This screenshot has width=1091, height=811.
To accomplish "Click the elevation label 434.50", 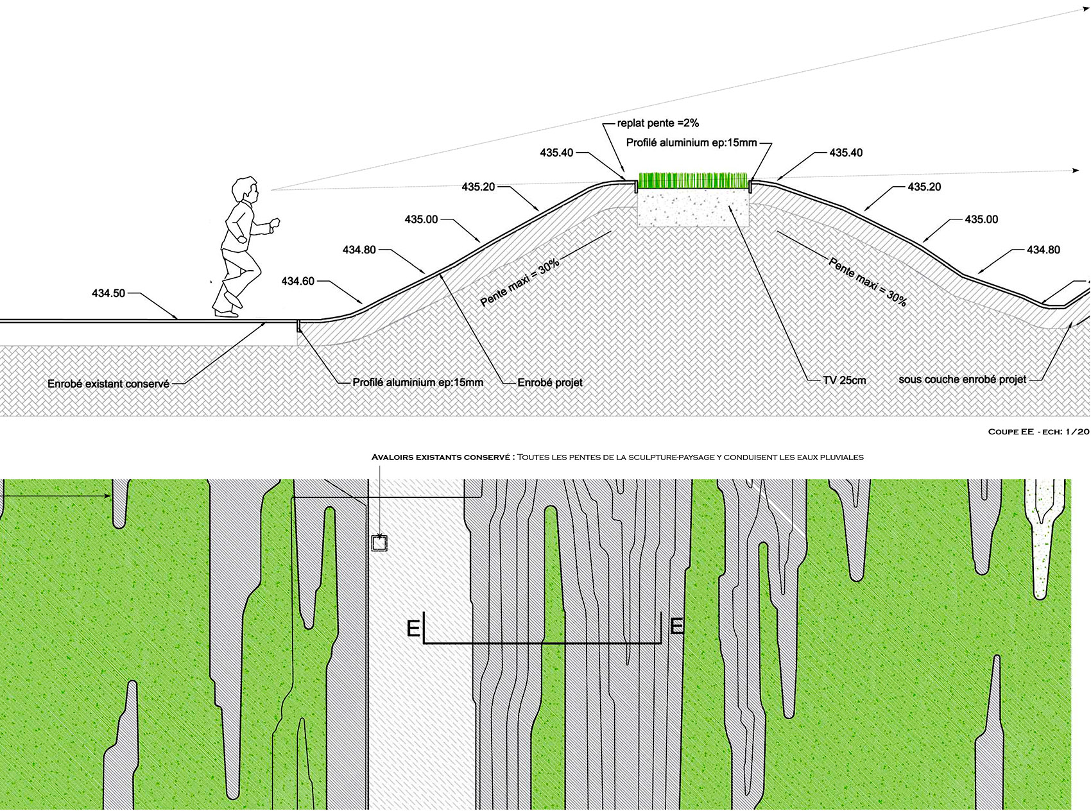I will coord(108,293).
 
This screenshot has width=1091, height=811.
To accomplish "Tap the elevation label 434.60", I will coord(298,281).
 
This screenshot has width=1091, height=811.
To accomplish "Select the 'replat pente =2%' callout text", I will coord(658,123).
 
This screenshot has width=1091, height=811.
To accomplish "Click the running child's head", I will coord(245,191).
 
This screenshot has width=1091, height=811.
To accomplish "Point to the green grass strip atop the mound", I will coord(693,181).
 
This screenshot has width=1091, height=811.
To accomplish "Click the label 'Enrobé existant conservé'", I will coord(108,384).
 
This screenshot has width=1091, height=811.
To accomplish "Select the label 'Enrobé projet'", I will coord(550,382).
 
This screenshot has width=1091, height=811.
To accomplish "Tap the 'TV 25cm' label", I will coord(845,380).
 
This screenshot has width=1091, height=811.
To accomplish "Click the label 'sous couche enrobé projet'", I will coord(962,379).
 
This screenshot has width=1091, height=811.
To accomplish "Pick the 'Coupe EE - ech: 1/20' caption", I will coord(1038,432).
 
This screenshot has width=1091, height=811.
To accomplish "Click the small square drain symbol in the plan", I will coord(379,543).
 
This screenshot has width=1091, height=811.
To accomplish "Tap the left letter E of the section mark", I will coord(413,628).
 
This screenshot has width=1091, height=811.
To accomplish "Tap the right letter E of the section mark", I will coord(676,626).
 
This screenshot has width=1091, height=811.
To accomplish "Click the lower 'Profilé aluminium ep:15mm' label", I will coord(418,382).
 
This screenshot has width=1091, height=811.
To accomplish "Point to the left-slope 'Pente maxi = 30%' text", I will coord(520,283).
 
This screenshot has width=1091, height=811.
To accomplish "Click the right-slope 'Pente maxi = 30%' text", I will coord(868,282).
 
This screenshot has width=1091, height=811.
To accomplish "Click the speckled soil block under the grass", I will coord(693,209).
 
